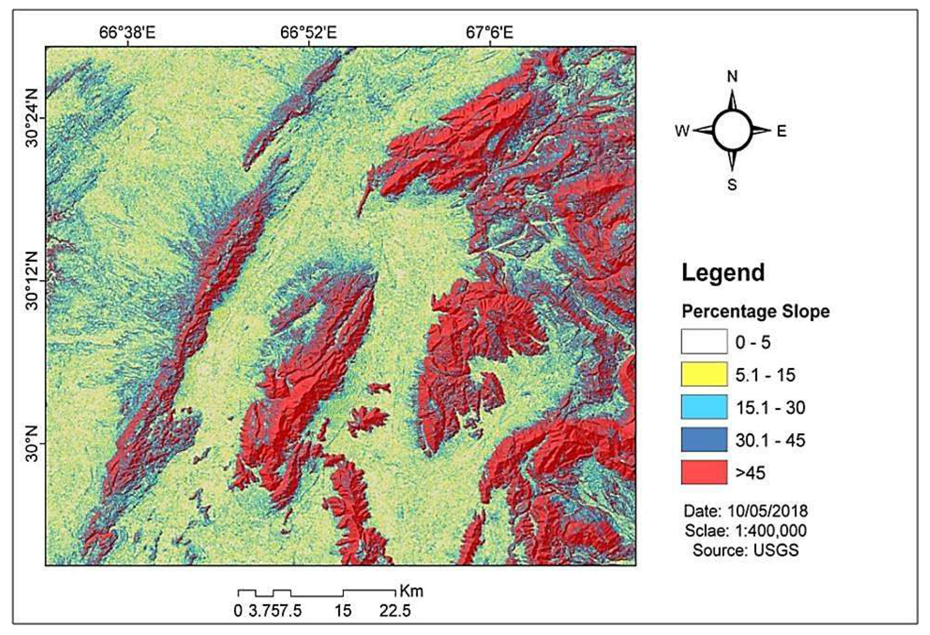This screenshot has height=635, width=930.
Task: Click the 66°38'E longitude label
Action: point(127,33)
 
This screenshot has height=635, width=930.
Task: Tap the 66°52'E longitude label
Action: point(308,33)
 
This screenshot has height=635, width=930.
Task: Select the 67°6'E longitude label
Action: point(489,33)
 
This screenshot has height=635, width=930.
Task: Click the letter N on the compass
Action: point(732,76)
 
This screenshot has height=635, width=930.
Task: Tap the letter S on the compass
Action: point(732,185)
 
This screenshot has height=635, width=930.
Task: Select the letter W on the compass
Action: point(682,131)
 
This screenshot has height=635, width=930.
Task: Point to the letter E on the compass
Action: point(782,131)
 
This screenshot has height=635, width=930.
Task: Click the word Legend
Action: point(723,273)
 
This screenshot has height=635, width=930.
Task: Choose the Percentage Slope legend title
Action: point(755,311)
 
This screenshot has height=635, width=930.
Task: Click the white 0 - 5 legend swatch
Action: point(704,342)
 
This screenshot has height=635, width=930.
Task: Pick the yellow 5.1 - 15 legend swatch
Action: point(704,374)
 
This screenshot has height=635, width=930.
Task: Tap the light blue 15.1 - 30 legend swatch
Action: point(704,407)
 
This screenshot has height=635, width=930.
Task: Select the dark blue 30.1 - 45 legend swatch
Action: point(704,439)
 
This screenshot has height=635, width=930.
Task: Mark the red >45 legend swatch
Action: point(704,472)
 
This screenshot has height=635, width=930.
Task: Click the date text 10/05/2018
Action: point(767,511)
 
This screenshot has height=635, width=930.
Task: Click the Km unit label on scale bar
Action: point(411,591)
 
